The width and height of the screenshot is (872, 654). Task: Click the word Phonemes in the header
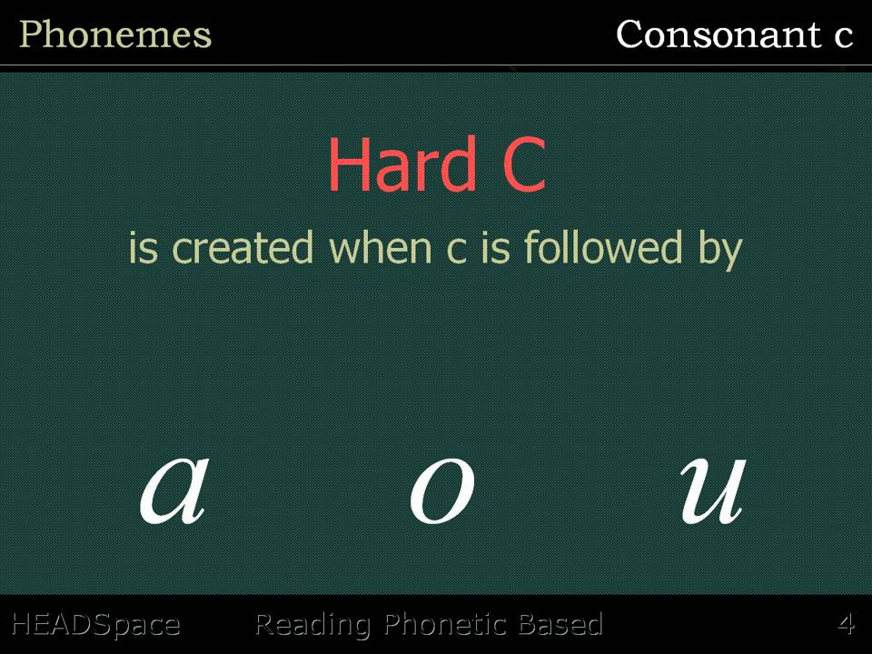pos(115,35)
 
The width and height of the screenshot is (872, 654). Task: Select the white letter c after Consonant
pos(843,36)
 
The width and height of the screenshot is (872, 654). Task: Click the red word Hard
pos(402,164)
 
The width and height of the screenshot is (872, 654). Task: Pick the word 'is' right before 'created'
pos(144,247)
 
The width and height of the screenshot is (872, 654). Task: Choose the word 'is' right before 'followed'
pos(495,247)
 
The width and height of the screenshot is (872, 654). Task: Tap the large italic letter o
pos(441,491)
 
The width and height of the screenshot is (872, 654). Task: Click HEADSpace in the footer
pos(95,625)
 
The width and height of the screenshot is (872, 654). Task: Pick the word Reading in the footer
pos(312,625)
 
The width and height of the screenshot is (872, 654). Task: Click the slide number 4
pos(846,625)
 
